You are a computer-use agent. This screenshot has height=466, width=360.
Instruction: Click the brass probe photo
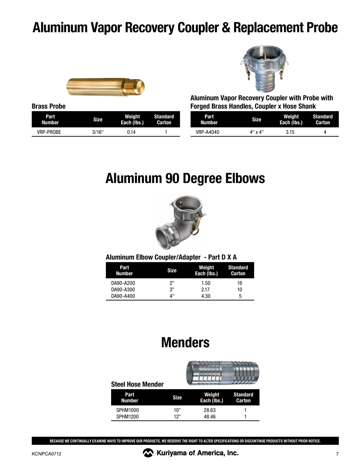pyautogui.click(x=106, y=86)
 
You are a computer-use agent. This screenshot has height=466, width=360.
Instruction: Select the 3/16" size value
pyautogui.click(x=98, y=132)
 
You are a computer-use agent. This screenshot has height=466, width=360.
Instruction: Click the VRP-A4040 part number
pyautogui.click(x=207, y=132)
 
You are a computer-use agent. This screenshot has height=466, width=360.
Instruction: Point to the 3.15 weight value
pyautogui.click(x=290, y=132)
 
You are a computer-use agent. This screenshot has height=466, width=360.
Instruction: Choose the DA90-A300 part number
pyautogui.click(x=123, y=290)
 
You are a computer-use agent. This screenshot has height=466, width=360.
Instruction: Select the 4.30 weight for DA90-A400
pyautogui.click(x=206, y=296)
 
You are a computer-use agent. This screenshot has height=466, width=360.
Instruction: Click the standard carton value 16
pyautogui.click(x=240, y=283)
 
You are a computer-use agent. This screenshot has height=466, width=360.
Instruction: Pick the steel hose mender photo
pyautogui.click(x=222, y=373)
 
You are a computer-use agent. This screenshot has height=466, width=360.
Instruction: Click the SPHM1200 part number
pyautogui.click(x=128, y=417)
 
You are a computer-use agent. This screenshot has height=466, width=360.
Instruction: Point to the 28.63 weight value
pyautogui.click(x=210, y=410)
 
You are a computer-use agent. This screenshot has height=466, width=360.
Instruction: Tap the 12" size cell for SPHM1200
pyautogui.click(x=177, y=417)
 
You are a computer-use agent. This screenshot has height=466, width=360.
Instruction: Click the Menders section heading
pyautogui.click(x=185, y=343)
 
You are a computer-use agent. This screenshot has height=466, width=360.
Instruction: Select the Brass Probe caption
pyautogui.click(x=48, y=106)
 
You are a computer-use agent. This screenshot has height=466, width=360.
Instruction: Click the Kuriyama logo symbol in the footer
pyautogui.click(x=148, y=453)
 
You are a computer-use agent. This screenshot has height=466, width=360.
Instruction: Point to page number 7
pyautogui.click(x=337, y=454)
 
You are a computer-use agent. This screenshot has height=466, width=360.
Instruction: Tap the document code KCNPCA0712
pyautogui.click(x=46, y=454)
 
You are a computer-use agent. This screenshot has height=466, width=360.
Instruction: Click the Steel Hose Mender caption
pyautogui.click(x=137, y=384)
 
